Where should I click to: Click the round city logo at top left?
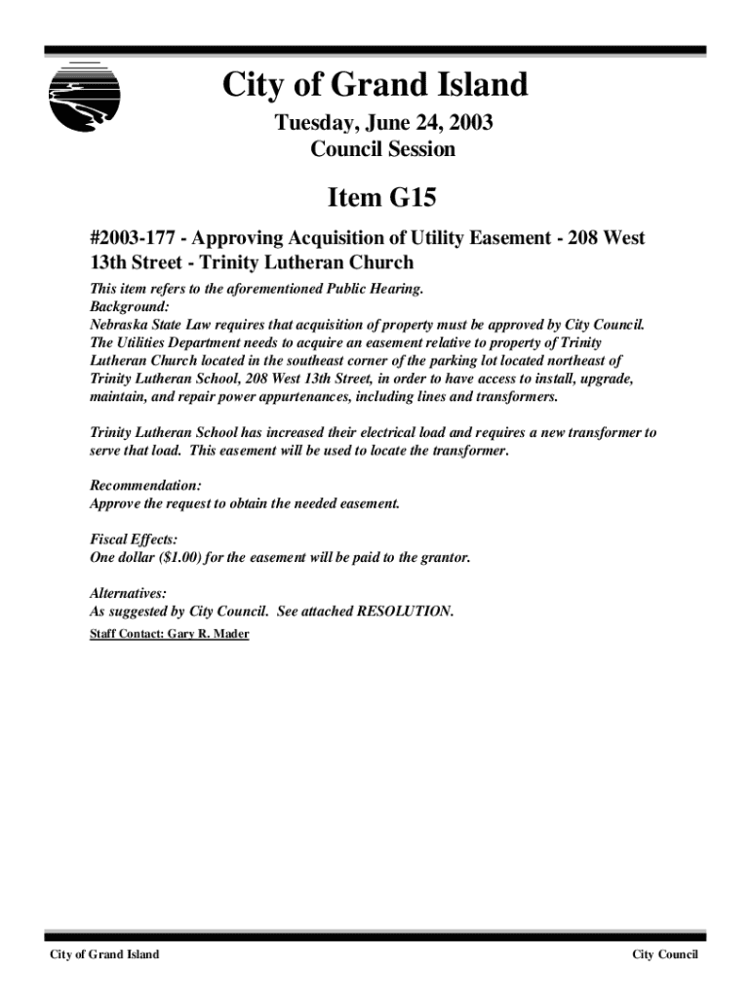(84, 96)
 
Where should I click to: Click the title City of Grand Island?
(375, 86)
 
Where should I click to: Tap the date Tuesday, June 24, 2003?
(382, 124)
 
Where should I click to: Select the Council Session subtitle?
(382, 149)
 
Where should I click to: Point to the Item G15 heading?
(381, 198)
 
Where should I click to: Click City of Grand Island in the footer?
(105, 954)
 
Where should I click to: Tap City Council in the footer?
(665, 954)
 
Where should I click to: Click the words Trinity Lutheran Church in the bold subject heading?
(307, 262)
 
